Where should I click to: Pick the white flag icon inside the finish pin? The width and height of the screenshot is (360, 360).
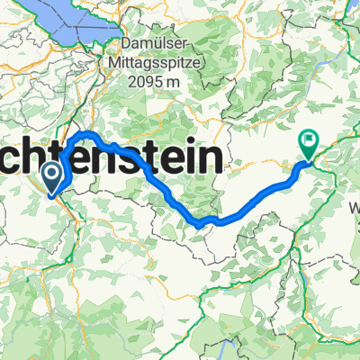(x=309, y=139)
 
